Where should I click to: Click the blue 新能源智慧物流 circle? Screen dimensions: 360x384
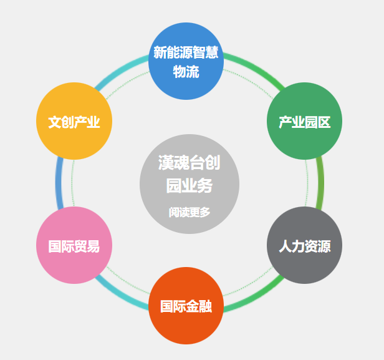(186, 61)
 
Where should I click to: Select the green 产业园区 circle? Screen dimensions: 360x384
(304, 122)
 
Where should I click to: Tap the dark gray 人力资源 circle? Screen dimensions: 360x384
(304, 245)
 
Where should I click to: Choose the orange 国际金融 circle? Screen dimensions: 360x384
(186, 306)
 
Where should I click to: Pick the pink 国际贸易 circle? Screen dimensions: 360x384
(74, 245)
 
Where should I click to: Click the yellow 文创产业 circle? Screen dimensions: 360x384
(74, 122)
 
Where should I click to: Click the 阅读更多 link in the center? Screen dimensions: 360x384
(189, 212)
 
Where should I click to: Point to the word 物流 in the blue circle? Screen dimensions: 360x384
(186, 71)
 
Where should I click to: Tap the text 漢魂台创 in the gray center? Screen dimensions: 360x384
(189, 164)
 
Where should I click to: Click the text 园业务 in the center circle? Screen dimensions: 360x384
(189, 185)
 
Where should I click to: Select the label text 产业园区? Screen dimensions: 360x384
(304, 122)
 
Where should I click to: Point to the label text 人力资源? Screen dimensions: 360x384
(304, 246)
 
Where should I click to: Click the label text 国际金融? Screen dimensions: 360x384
(186, 306)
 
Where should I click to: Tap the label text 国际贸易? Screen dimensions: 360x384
(74, 246)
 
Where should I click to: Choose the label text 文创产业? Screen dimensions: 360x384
(74, 122)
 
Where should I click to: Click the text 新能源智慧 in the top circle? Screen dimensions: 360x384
(186, 52)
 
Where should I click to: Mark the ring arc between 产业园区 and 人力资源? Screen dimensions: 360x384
(320, 183)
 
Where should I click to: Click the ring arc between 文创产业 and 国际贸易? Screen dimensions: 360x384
(58, 183)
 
